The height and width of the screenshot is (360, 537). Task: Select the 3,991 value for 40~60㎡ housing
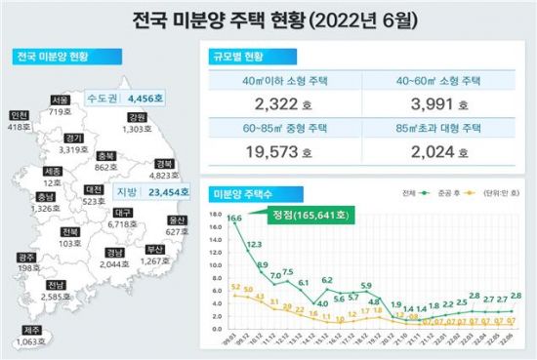pyautogui.click(x=433, y=104)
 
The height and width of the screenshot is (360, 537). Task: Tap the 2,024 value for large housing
pyautogui.click(x=433, y=152)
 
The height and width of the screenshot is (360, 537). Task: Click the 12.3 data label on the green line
pyautogui.click(x=253, y=244)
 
